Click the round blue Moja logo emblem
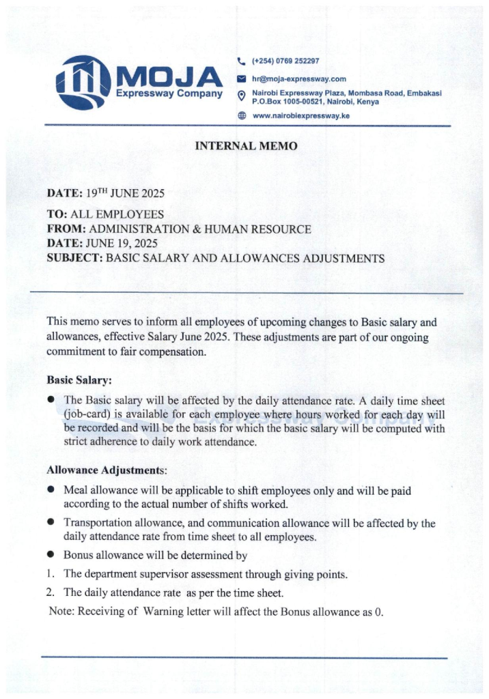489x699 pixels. tap(83, 83)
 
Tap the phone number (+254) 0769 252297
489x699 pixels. tap(285, 61)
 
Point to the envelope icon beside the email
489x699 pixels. tap(240, 79)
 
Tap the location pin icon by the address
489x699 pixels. tap(240, 96)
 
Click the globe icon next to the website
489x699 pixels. tap(240, 116)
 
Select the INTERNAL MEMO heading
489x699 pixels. tap(246, 146)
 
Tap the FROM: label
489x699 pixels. tap(66, 229)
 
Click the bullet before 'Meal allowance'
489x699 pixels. tap(51, 490)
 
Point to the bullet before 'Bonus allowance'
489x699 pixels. tap(51, 556)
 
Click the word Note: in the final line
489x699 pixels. tap(62, 612)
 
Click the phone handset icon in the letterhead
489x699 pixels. tap(240, 61)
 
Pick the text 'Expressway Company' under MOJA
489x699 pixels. tap(169, 94)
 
